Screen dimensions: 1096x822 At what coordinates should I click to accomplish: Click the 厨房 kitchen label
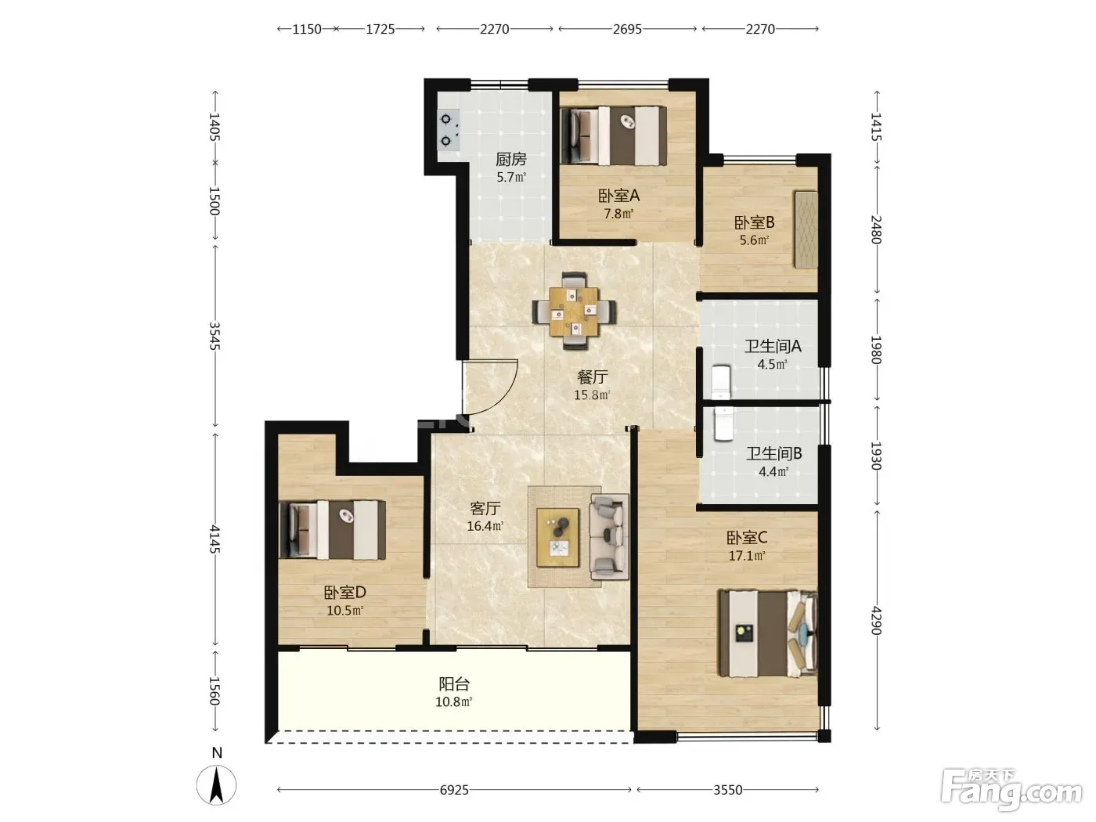pyautogui.click(x=510, y=159)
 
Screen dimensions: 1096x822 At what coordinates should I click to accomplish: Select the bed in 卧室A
pyautogui.click(x=613, y=135)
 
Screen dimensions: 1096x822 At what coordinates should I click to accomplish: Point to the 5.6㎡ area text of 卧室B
pyautogui.click(x=754, y=240)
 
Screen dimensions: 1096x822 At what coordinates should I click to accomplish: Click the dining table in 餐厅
pyautogui.click(x=574, y=311)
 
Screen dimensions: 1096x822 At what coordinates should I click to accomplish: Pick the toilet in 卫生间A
pyautogui.click(x=720, y=382)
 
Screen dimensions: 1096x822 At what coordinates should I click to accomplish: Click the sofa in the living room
pyautogui.click(x=609, y=536)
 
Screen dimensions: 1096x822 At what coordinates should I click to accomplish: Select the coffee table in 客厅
pyautogui.click(x=557, y=538)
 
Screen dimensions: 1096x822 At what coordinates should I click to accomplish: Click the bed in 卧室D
pyautogui.click(x=332, y=529)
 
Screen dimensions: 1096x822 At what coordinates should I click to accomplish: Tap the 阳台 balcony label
pyautogui.click(x=454, y=683)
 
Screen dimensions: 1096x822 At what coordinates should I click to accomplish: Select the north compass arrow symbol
pyautogui.click(x=216, y=785)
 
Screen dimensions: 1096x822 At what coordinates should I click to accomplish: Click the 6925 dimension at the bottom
pyautogui.click(x=454, y=790)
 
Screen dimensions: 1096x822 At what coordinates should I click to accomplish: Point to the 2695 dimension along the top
pyautogui.click(x=627, y=29)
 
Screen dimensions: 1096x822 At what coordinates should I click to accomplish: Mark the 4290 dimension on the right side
pyautogui.click(x=876, y=620)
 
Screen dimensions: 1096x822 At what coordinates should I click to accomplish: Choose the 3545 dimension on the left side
pyautogui.click(x=215, y=336)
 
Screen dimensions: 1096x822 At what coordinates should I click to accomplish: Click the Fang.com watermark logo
pyautogui.click(x=1011, y=790)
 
